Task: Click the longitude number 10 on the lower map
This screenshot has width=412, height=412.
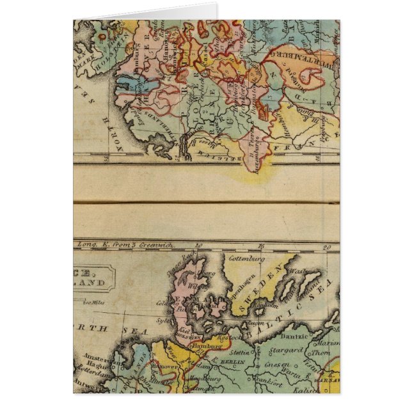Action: point(199,245)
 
